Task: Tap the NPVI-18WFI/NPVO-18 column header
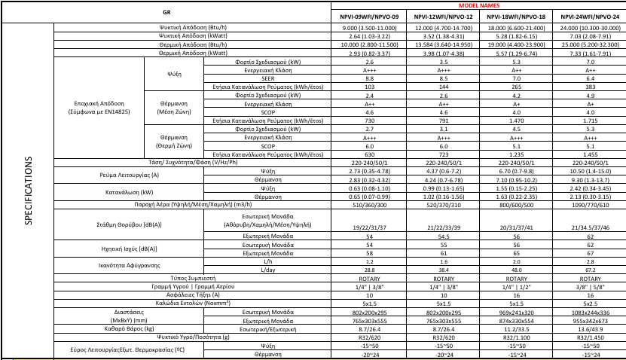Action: coord(516,16)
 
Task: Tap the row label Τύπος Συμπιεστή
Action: coord(193,277)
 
